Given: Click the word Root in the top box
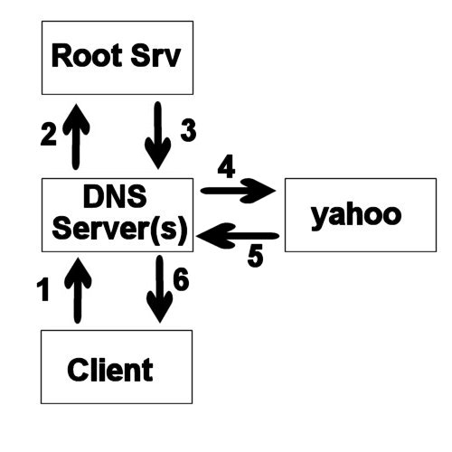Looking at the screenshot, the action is (87, 56).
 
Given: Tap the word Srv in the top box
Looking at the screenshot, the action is (155, 56).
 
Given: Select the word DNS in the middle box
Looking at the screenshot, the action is (115, 197).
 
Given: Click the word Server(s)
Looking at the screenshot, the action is (119, 229).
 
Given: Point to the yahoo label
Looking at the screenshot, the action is (356, 216).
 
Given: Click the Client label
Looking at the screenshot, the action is (110, 370).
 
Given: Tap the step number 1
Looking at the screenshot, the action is (43, 289).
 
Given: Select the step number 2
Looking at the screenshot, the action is (49, 135).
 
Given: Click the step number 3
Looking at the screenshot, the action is (188, 130).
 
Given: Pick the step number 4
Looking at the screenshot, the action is (226, 166).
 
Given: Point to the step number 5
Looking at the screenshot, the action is (255, 256).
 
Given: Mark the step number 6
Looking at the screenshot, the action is (181, 279).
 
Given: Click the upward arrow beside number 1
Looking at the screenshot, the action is (78, 290).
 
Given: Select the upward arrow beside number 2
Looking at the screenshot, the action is (76, 137).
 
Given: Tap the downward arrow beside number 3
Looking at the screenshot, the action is (158, 136).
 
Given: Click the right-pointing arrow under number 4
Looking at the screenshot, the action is (238, 191).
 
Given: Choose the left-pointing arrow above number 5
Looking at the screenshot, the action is (238, 236).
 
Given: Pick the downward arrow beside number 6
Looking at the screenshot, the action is (160, 289).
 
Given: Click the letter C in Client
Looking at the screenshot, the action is (77, 370).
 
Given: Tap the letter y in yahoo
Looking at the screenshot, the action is (319, 219).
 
